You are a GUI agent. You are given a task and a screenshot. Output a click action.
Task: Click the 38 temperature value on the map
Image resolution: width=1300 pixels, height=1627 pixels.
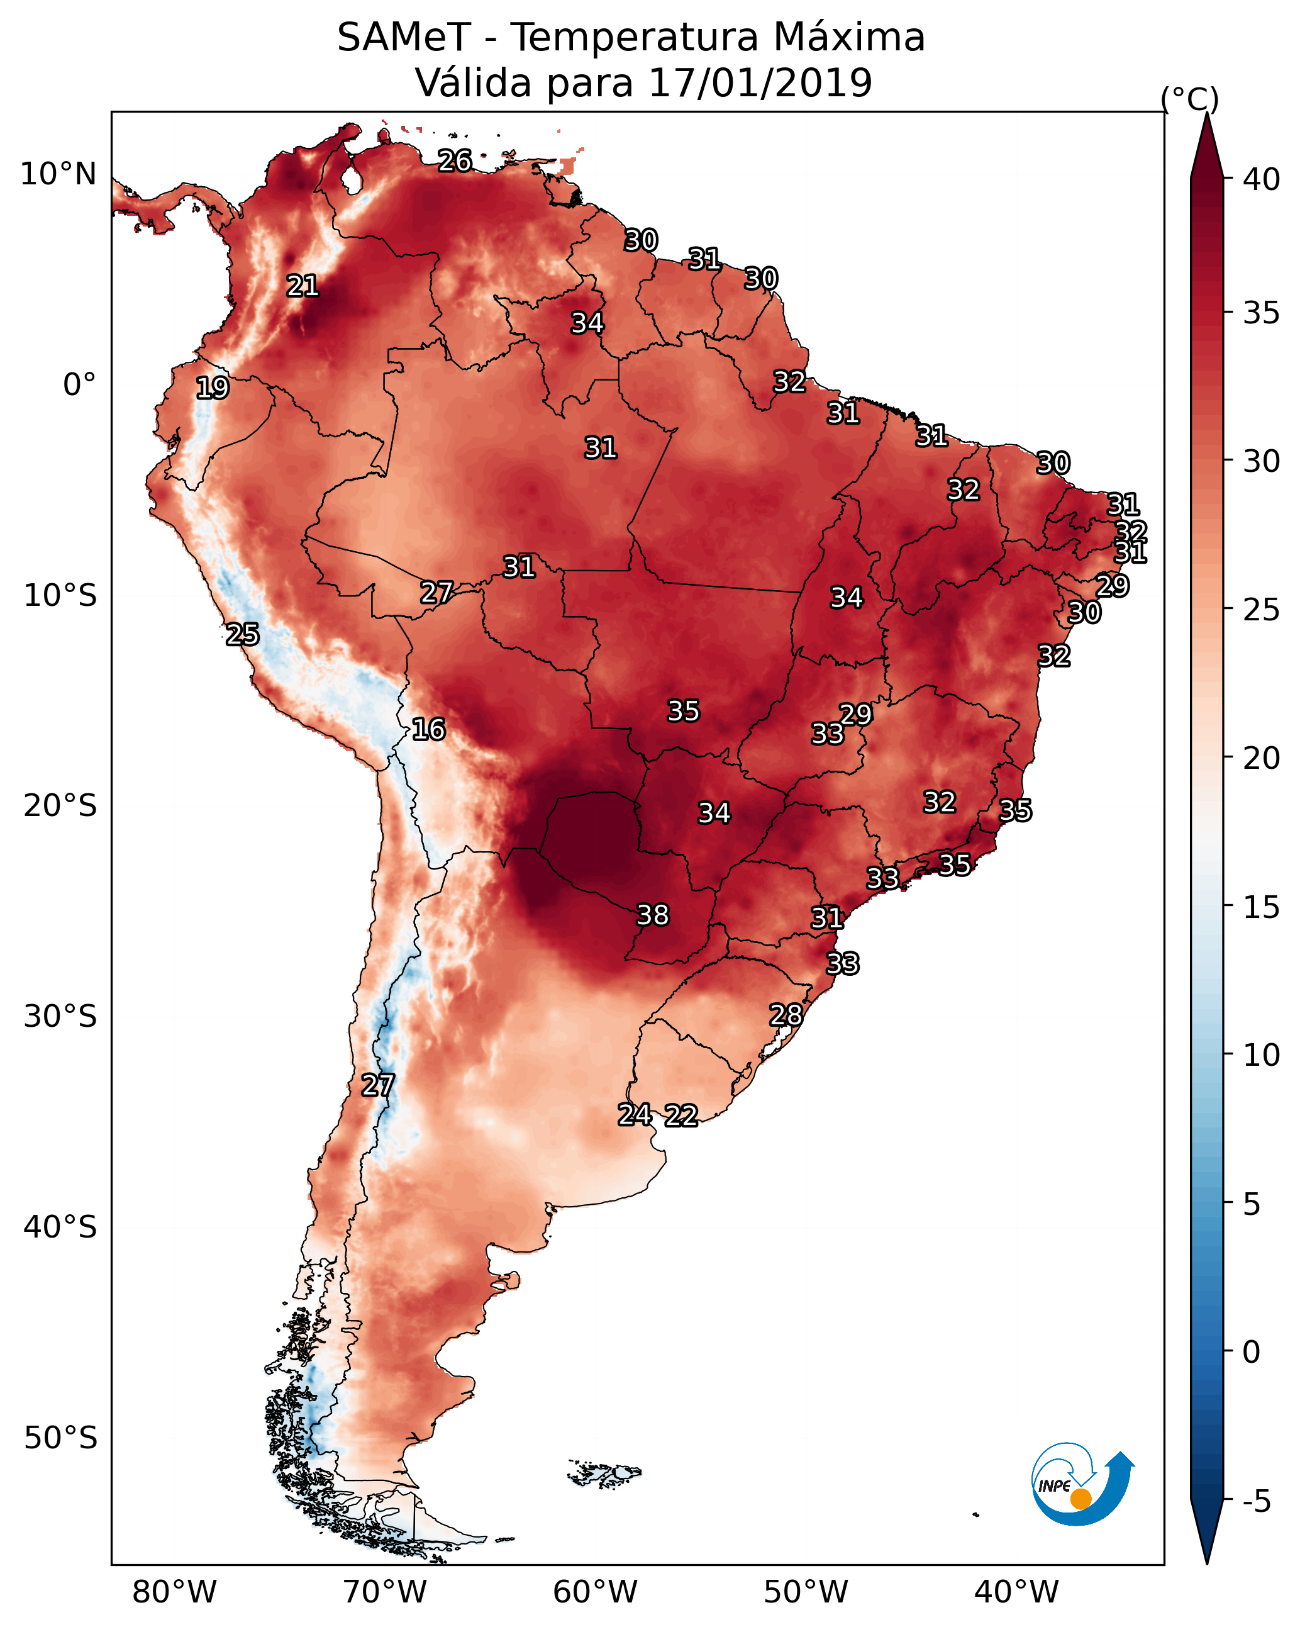[x=653, y=915]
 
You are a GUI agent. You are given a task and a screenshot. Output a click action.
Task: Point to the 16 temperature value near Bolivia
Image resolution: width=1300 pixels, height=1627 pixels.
[x=428, y=730]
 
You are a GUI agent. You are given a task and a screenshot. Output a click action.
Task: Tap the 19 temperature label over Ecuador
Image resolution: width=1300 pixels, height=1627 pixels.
[x=212, y=388]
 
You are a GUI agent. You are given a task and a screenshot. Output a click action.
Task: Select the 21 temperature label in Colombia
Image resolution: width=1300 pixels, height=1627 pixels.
[x=303, y=286]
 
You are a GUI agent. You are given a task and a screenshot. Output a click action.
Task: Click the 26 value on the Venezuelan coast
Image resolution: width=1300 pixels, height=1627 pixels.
[x=455, y=160]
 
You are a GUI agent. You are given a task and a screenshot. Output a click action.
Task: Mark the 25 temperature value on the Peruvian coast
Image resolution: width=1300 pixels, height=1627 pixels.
[x=242, y=635]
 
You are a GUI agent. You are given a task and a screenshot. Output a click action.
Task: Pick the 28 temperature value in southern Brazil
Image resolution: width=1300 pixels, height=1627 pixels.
[x=786, y=1015]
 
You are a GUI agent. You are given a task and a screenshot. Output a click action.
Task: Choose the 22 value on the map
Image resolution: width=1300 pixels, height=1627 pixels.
[x=681, y=1115]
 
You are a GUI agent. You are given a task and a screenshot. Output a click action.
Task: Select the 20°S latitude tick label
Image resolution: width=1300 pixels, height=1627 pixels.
[x=60, y=806]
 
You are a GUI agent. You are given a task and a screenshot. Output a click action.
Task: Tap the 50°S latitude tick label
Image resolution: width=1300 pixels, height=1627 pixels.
[x=60, y=1438]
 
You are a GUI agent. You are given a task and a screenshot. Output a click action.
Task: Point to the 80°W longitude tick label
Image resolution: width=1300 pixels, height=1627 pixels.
[x=174, y=1592]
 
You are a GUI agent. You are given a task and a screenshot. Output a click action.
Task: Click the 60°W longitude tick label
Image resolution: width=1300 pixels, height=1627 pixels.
[x=596, y=1592]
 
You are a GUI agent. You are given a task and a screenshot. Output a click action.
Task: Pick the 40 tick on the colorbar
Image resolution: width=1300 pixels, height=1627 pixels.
[x=1262, y=179]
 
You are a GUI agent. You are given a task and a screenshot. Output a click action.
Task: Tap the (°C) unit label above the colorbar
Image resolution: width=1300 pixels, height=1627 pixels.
[x=1190, y=99]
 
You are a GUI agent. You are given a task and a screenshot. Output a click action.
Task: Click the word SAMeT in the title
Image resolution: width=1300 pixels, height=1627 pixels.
[x=404, y=38]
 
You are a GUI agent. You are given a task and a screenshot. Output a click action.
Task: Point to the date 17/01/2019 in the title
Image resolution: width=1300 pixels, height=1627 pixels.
[x=760, y=83]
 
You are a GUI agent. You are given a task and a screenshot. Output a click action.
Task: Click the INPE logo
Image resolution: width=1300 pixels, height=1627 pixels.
[x=1081, y=1487]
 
